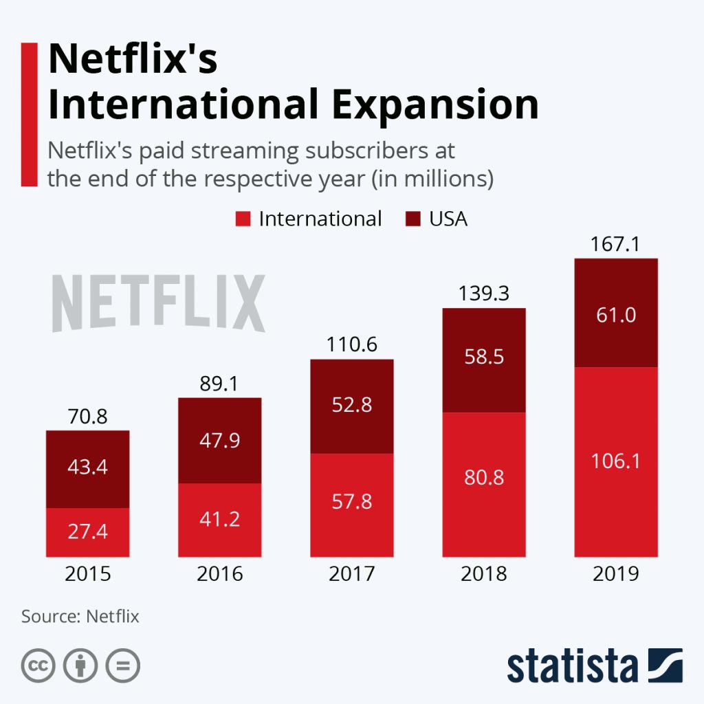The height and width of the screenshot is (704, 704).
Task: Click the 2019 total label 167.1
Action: click(616, 245)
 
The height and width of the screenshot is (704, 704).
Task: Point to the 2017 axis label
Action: click(351, 573)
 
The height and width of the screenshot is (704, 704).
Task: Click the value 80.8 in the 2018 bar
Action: click(483, 476)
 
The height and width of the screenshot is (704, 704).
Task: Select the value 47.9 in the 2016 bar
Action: click(219, 439)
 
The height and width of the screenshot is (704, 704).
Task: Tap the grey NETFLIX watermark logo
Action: click(159, 303)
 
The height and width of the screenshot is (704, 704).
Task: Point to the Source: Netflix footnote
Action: click(80, 616)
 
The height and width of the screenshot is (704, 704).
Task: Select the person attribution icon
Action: click(80, 665)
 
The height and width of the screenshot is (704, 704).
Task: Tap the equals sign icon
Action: click(122, 665)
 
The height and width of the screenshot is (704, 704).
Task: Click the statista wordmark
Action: click(572, 665)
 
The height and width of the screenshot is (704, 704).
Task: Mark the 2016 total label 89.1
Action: click(219, 384)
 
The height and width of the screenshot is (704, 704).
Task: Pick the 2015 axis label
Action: click(87, 573)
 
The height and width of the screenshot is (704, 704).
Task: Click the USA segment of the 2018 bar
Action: click(483, 360)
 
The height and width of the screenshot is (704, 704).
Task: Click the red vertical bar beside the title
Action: click(29, 113)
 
